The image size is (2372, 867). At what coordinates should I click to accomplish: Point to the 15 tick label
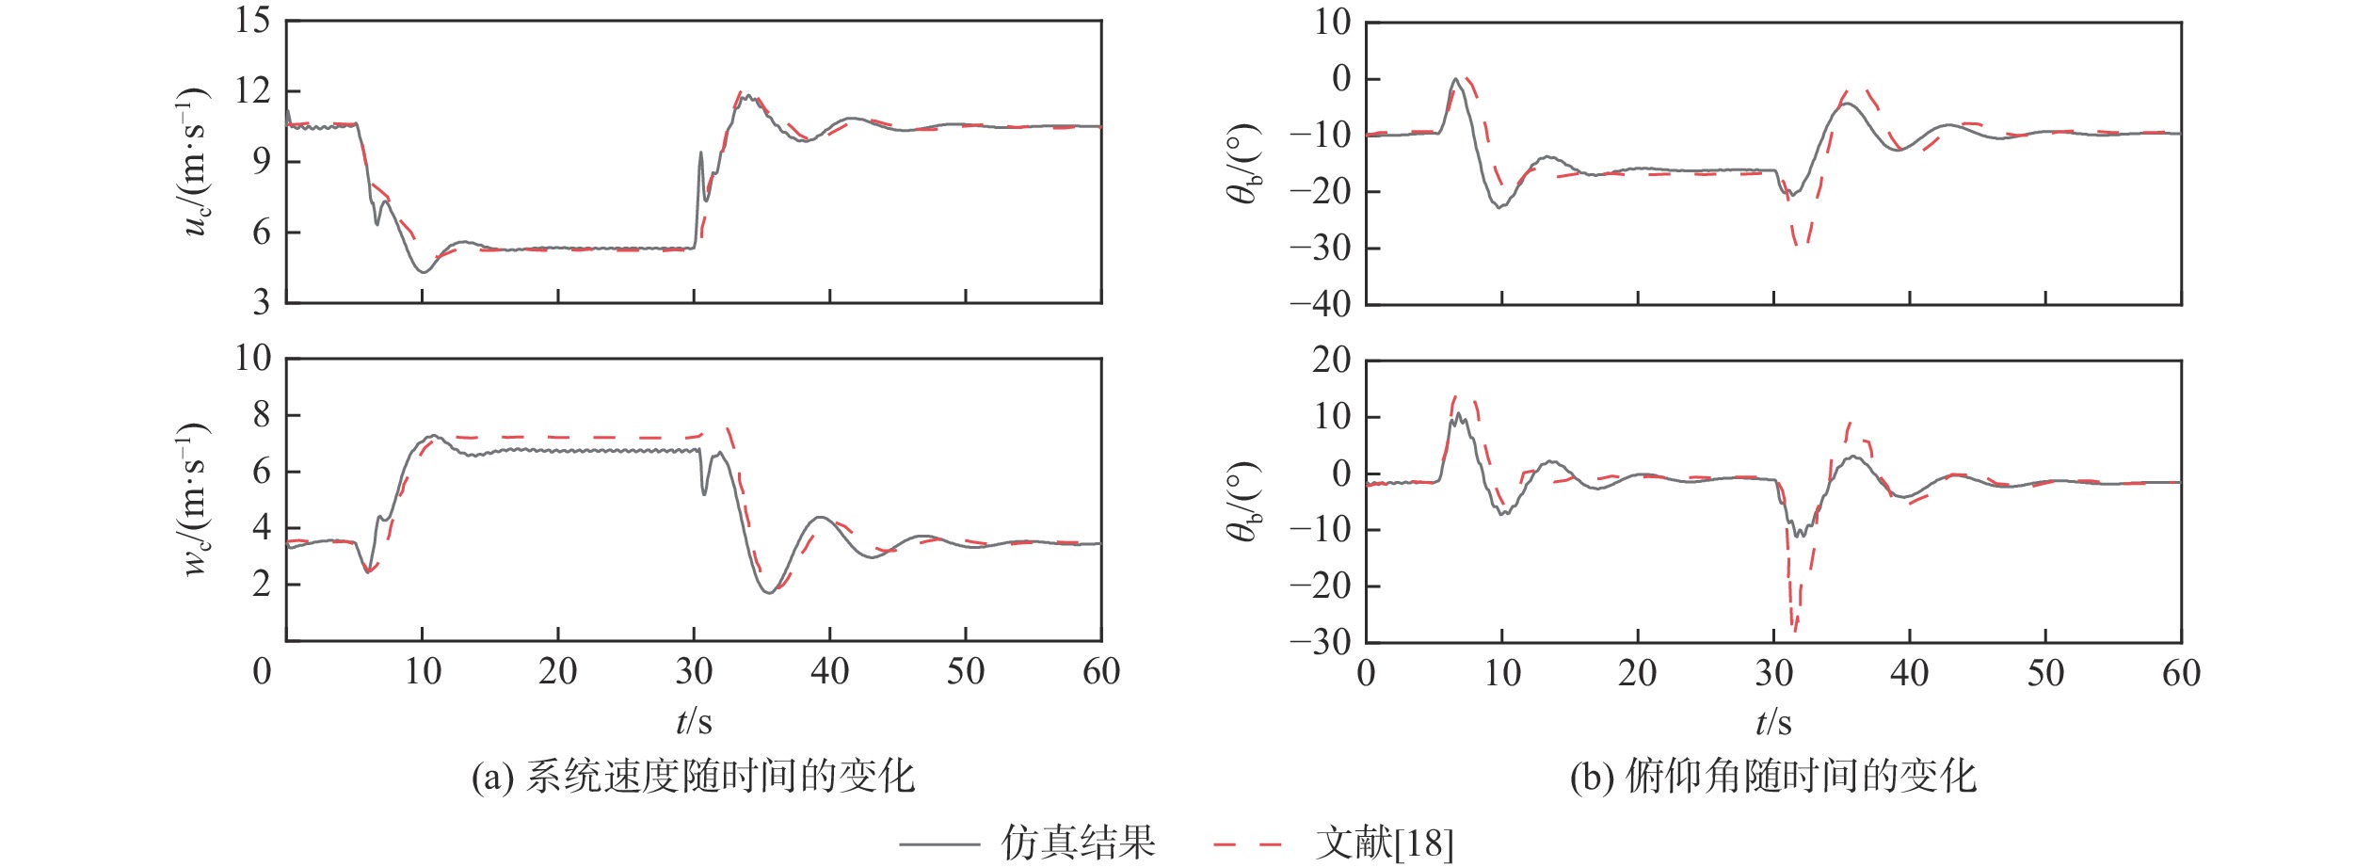[x=252, y=21]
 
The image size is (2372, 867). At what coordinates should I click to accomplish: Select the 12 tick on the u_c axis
[x=252, y=91]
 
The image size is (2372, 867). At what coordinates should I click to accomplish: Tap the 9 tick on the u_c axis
[x=261, y=162]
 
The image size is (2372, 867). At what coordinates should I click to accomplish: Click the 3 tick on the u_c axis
[x=261, y=303]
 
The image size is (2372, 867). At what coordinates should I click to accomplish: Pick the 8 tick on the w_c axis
[x=261, y=415]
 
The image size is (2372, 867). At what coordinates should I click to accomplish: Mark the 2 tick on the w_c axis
[x=261, y=584]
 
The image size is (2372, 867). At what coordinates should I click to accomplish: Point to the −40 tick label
[x=1320, y=305]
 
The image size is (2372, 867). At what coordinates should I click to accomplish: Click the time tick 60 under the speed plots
[x=1100, y=672]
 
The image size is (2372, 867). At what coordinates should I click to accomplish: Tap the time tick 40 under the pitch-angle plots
[x=1909, y=673]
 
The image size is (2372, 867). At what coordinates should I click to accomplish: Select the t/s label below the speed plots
[x=694, y=722]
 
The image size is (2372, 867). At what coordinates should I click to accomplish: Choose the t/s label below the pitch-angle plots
[x=1773, y=723]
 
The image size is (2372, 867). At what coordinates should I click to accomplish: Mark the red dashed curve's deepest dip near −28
[x=1794, y=629]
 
